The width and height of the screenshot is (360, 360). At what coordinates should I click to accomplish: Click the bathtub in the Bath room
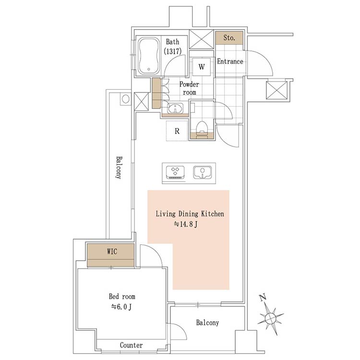click(x=149, y=56)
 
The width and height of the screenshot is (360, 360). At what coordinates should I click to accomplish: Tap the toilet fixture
click(x=202, y=130)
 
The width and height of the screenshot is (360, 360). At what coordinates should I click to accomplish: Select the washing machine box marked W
click(x=201, y=67)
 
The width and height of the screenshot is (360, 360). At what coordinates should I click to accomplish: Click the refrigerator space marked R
click(x=177, y=131)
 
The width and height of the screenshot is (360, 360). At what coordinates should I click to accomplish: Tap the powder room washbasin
click(x=175, y=108)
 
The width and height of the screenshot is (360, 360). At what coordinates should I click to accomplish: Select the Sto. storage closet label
click(x=229, y=37)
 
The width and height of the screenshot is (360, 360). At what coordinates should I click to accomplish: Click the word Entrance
click(x=230, y=61)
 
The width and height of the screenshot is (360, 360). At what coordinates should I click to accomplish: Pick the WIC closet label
click(x=112, y=252)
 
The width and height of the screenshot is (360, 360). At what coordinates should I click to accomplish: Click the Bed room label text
click(x=122, y=296)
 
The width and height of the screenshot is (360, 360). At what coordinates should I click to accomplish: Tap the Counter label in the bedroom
click(x=131, y=345)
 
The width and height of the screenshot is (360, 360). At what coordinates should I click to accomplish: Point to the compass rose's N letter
click(x=263, y=297)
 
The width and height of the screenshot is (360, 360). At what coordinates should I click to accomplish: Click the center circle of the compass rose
click(x=270, y=318)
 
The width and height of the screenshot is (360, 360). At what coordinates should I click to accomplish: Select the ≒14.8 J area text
click(x=186, y=224)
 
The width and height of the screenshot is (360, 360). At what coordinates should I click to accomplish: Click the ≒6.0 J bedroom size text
click(x=122, y=307)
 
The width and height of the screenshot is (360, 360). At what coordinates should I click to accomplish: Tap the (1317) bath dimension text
click(x=173, y=51)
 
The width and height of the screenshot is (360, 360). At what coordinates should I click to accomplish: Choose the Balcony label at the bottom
click(x=207, y=323)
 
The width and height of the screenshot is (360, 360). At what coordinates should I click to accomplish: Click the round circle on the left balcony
click(x=125, y=99)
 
